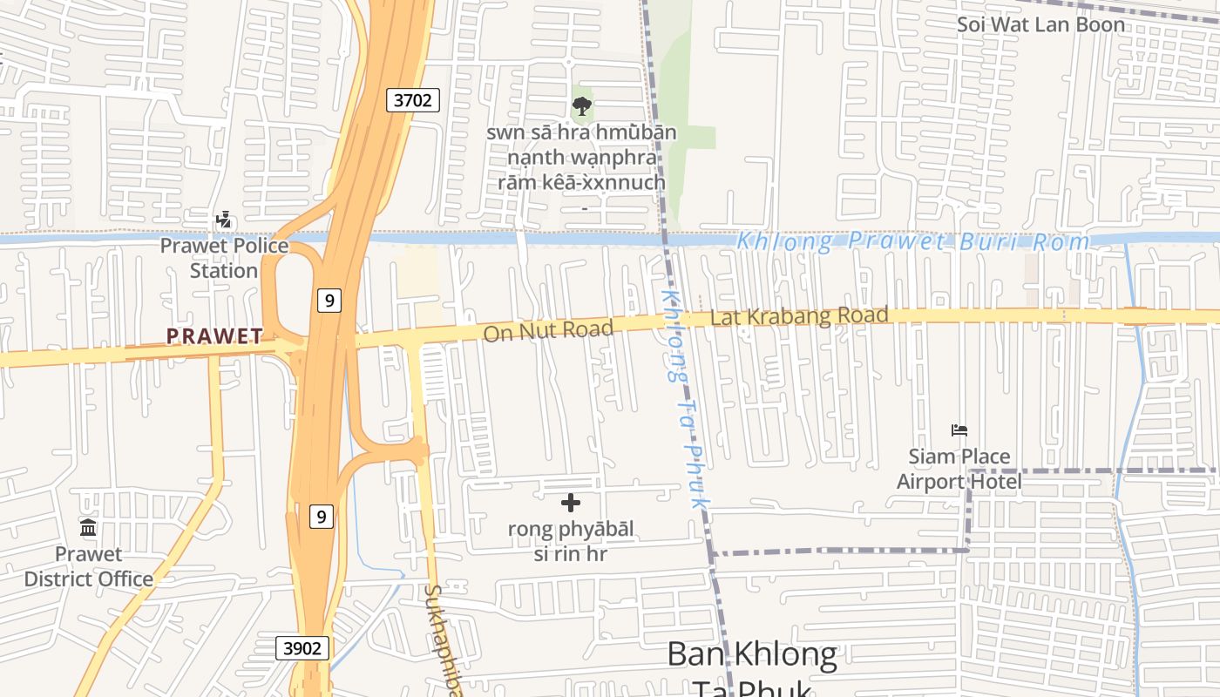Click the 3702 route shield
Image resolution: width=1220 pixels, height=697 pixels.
(412, 100)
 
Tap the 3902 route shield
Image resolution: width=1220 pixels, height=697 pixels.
(303, 648)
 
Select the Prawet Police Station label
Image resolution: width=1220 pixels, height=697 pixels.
(224, 258)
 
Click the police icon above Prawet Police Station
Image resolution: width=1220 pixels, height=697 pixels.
(224, 220)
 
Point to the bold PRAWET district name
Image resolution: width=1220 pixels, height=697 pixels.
(214, 336)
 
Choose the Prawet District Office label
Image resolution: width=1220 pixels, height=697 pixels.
(88, 566)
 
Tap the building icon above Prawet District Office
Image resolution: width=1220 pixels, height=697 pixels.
(88, 528)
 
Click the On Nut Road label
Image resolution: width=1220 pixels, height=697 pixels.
(548, 330)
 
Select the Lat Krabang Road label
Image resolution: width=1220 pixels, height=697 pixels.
(799, 316)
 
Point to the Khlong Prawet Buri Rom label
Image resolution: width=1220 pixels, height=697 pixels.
(913, 241)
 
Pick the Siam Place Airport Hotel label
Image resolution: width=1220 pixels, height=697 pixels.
(959, 469)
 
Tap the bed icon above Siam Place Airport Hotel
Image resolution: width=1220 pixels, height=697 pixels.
(959, 430)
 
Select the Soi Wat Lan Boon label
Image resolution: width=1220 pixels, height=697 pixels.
(1041, 24)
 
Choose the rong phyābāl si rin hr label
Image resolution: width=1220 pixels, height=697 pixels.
(571, 541)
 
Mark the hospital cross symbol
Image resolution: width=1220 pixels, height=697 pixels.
(571, 503)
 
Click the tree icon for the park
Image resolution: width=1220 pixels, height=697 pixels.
(581, 107)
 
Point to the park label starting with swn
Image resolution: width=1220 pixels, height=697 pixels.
(581, 158)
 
